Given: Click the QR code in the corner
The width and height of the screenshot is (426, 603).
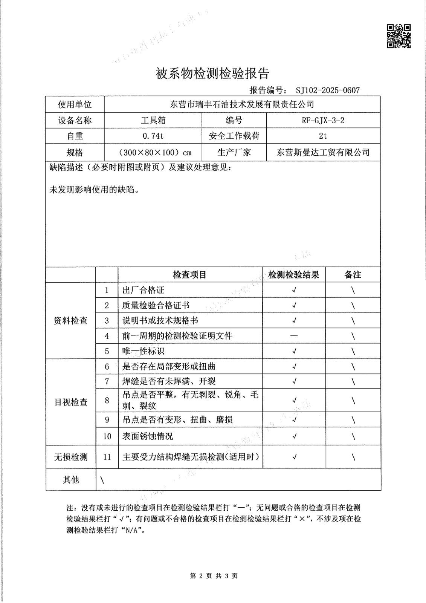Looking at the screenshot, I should coord(399,36).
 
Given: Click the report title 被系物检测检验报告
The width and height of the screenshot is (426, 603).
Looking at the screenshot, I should coord(212,74).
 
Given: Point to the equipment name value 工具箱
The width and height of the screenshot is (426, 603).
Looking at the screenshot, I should coord(153,121).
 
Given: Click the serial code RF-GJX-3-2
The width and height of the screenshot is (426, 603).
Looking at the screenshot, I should coord(323,121).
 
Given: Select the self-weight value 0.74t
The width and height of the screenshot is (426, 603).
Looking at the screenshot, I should coord(153,136).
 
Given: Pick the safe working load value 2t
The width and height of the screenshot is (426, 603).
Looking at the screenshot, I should coord(323,136).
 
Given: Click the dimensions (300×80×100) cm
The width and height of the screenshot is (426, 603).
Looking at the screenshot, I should coord(153,153).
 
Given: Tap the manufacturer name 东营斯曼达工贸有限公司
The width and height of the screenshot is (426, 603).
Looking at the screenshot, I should coord(323,152).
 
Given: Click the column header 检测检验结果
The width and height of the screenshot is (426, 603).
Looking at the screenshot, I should coord(293,275).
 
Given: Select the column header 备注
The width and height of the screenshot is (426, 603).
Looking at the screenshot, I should coord(353,275).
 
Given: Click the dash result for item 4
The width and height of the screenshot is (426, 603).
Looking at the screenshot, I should coord(294,335).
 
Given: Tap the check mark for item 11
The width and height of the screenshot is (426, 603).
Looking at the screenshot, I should coord(294,457).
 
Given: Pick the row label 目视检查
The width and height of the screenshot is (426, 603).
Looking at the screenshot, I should coord(71,402).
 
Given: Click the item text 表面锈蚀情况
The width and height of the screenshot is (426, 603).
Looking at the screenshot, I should coord(148,436).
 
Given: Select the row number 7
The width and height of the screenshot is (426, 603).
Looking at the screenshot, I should coord(107,381).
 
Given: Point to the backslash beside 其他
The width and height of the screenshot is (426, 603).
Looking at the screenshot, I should coord(102,480).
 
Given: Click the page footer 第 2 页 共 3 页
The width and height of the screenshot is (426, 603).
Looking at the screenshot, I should coord(214,575).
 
